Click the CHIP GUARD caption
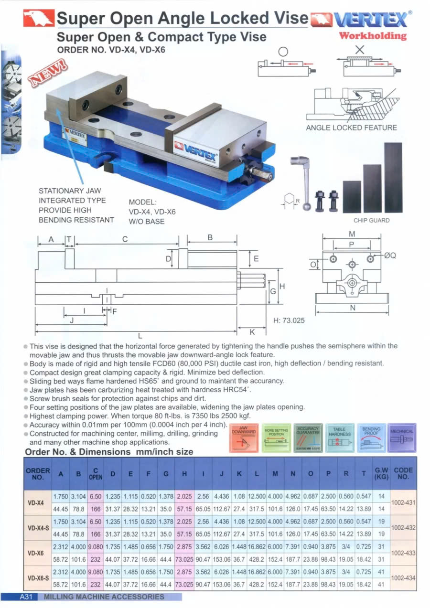pos(371,221)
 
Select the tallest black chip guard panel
pos(393,177)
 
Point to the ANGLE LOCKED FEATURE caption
pos(351,128)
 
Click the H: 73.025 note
pos(289,320)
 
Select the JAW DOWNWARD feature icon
pos(244,437)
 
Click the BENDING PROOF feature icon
pos(371,437)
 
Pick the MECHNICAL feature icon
pos(402,437)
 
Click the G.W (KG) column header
pos(381,474)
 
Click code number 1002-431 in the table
pos(403,502)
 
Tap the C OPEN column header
pos(96,474)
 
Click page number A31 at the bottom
pos(25,597)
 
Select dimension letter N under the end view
pos(353,309)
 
